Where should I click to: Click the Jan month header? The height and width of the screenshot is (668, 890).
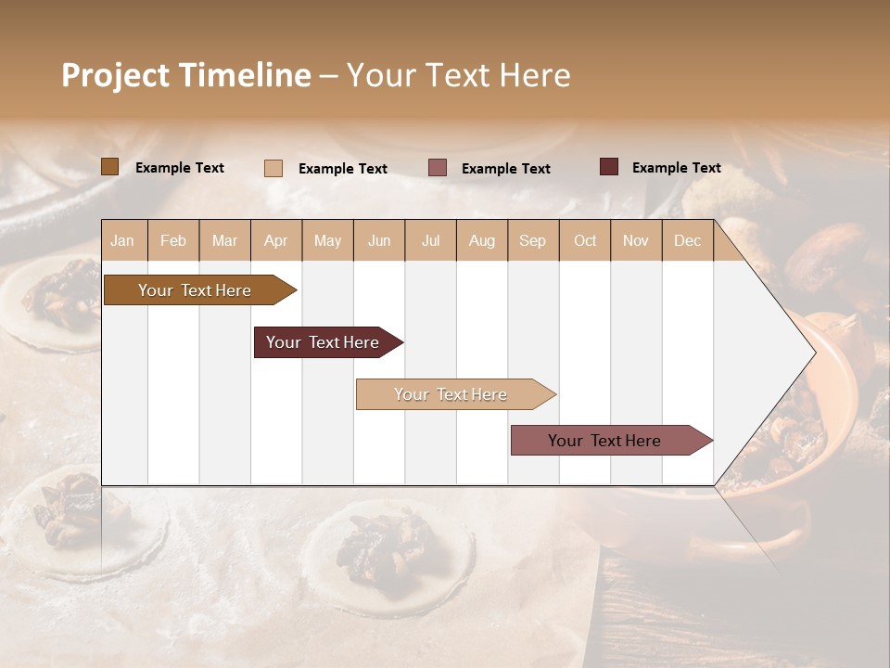click(123, 240)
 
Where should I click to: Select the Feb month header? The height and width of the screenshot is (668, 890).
click(173, 240)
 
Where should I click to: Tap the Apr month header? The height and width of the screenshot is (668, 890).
click(276, 240)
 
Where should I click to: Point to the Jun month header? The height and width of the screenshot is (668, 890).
click(379, 240)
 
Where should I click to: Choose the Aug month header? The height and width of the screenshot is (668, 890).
click(482, 240)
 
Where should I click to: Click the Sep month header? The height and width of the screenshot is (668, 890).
click(533, 240)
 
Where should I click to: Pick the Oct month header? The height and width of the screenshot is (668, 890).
click(585, 240)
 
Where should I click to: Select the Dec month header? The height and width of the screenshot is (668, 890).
click(688, 240)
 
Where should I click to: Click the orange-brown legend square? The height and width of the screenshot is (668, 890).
click(110, 167)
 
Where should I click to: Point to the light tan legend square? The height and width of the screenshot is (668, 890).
click(273, 168)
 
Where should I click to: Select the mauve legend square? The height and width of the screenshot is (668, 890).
click(438, 167)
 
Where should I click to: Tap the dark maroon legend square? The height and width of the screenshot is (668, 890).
click(609, 167)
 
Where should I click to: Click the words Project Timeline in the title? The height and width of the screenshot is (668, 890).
click(186, 75)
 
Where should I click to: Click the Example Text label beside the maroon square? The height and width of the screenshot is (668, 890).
click(676, 168)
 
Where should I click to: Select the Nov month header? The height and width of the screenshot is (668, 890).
click(636, 240)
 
